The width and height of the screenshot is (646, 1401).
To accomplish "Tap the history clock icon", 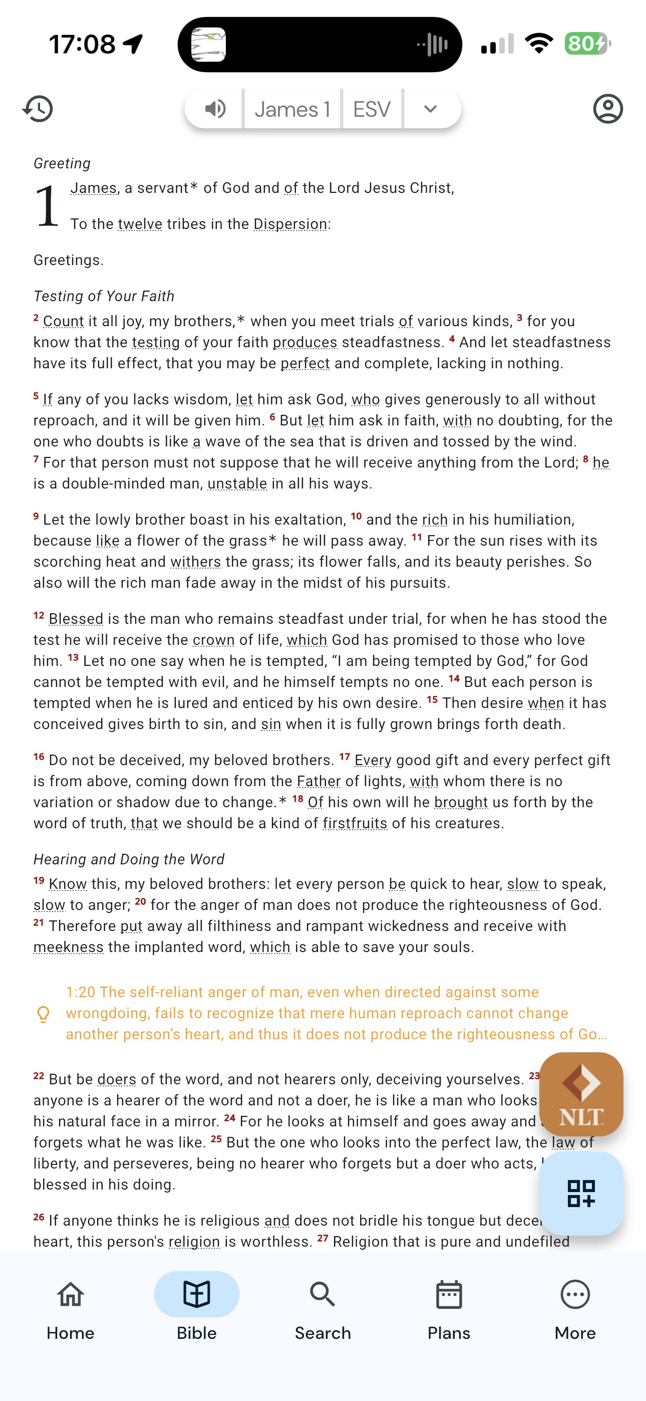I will [38, 109].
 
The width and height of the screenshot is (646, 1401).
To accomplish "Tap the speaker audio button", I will [215, 109].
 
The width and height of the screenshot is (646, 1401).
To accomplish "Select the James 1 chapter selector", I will [292, 109].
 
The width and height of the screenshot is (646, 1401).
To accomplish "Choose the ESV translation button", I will [372, 109].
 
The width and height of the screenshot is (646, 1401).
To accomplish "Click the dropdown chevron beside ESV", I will [430, 109].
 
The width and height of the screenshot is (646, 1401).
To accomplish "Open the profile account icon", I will [607, 109].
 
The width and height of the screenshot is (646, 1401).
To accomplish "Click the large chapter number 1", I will [47, 206].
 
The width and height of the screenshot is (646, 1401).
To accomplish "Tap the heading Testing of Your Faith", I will [104, 296].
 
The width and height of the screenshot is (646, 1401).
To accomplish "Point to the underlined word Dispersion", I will [290, 224].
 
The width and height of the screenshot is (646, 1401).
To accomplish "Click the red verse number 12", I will [39, 616].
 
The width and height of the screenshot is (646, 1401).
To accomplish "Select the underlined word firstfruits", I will [355, 823].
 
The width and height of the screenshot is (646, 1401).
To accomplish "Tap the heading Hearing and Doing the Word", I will [129, 859].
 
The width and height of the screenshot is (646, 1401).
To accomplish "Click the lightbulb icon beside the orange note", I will [43, 1014].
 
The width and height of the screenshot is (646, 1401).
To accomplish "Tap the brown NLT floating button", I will [581, 1094].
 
